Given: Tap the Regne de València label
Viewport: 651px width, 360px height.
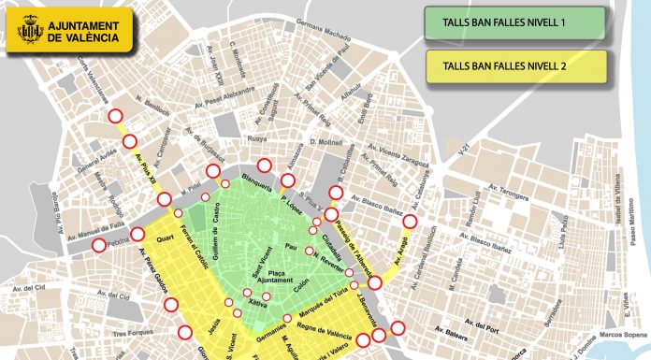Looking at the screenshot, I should (x=325, y=333).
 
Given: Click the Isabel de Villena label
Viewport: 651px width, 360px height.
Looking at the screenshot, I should (x=621, y=198).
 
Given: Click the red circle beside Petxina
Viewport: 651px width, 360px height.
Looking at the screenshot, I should (x=100, y=246).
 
